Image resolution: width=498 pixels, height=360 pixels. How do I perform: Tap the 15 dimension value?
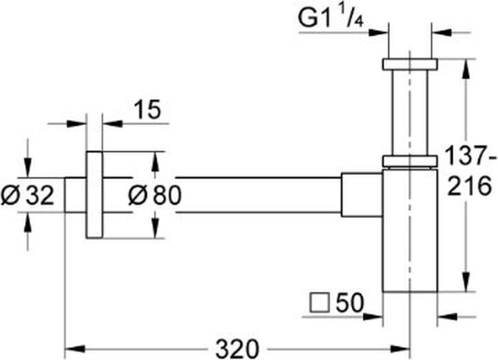(147, 109)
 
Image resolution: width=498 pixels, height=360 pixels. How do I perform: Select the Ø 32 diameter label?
(28, 195)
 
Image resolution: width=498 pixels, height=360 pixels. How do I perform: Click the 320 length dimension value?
(237, 349)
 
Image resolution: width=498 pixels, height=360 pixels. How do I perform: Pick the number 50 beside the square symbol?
(349, 303)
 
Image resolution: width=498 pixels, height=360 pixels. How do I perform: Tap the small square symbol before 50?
(320, 303)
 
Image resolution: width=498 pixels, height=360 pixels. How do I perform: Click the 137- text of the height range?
(470, 155)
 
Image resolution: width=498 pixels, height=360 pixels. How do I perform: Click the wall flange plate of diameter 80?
(94, 195)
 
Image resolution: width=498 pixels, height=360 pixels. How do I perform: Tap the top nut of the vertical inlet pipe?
(409, 64)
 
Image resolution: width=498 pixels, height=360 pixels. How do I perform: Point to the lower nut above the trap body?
(409, 161)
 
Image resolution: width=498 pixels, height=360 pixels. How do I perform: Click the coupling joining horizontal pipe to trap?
(362, 195)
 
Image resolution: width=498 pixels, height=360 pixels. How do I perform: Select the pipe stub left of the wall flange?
(75, 195)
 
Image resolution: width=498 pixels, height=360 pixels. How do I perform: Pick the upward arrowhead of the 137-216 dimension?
(465, 69)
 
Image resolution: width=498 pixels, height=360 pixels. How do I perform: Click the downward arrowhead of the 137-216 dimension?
(465, 281)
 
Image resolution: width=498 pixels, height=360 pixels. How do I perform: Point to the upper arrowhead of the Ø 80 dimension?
(155, 161)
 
